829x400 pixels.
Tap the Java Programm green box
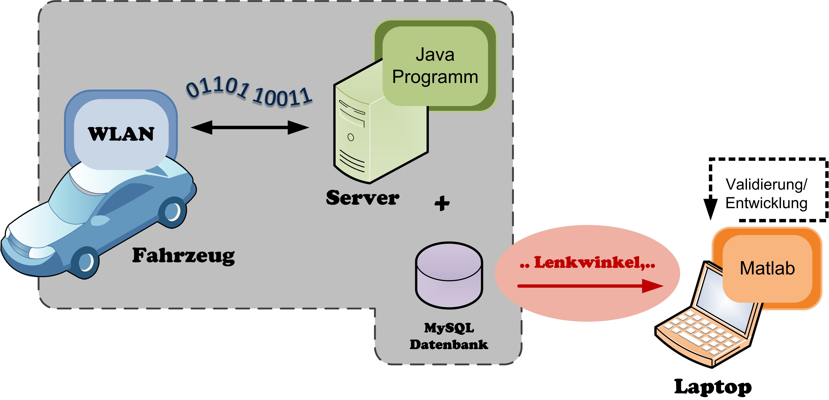(435, 66)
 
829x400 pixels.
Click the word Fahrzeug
(183, 256)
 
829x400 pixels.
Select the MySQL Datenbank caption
(449, 336)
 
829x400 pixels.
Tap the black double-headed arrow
(250, 127)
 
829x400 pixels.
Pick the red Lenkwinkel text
(587, 263)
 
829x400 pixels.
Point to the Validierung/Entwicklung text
(766, 194)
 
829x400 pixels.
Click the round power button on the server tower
(351, 137)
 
